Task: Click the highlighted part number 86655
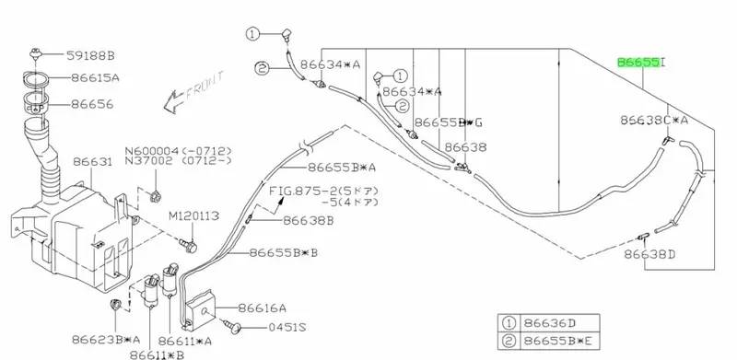[638, 62]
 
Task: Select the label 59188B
[89, 56]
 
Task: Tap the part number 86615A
[95, 77]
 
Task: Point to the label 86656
[92, 104]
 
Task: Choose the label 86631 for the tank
[93, 162]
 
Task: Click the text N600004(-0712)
[178, 151]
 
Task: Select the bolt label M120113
[193, 215]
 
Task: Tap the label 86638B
[308, 220]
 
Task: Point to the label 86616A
[262, 308]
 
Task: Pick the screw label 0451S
[287, 327]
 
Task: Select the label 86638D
[649, 254]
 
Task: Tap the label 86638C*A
[654, 121]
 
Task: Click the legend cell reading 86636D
[549, 323]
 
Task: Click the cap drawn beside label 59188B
[35, 53]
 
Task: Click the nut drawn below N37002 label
[154, 195]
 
